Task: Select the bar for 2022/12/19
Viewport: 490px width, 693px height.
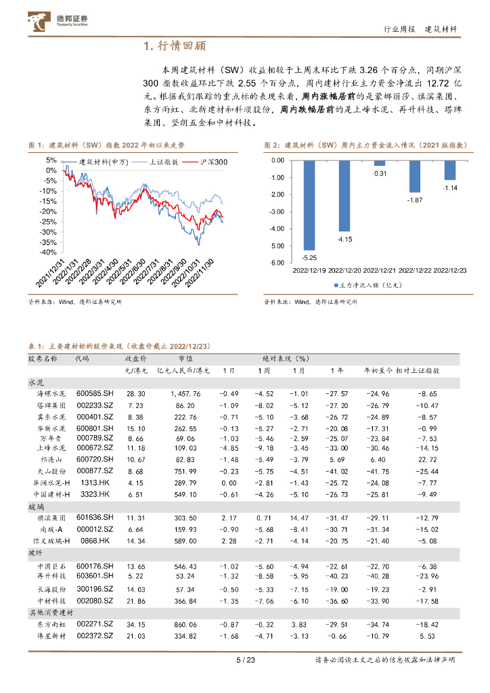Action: [309, 205]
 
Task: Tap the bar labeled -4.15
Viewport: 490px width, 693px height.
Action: [344, 196]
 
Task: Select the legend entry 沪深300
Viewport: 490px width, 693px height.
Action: [213, 162]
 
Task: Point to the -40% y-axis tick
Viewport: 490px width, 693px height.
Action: [48, 252]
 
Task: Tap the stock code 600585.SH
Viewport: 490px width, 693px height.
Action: [95, 393]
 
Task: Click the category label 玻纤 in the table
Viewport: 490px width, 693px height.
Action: [36, 553]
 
